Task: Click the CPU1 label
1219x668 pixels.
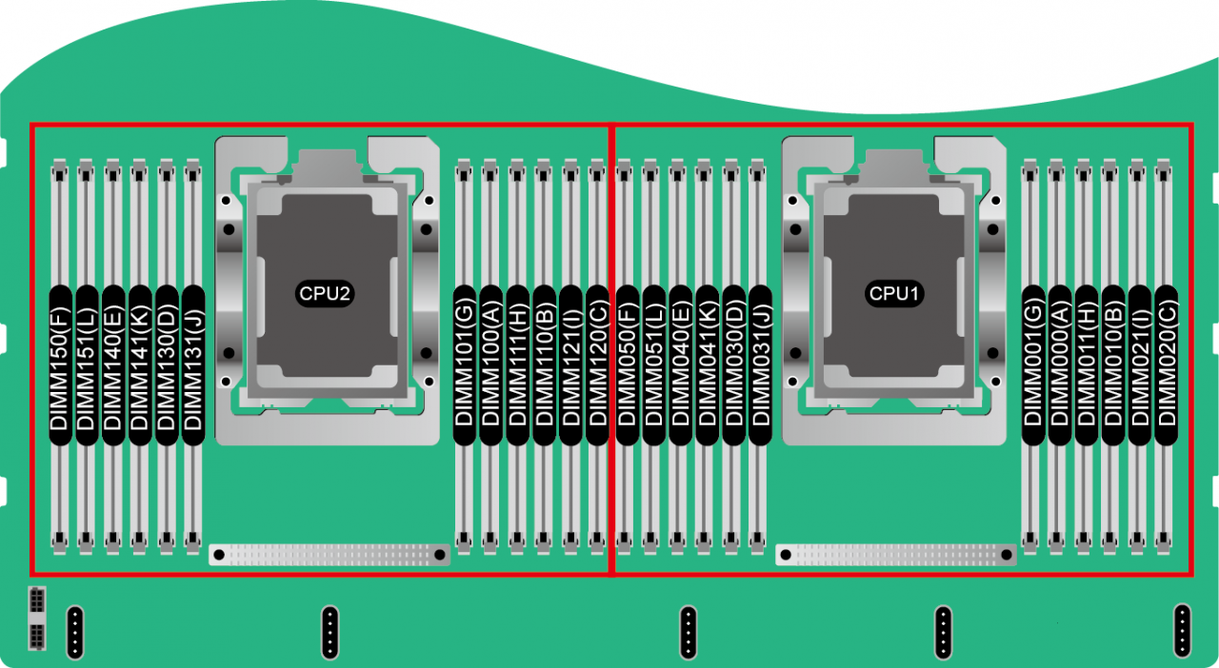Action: pos(894,294)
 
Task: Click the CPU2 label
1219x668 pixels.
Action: pos(326,294)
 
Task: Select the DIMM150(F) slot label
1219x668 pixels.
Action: pos(60,364)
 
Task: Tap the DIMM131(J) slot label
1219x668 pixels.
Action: pos(193,364)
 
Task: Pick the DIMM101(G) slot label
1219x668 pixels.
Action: pos(465,364)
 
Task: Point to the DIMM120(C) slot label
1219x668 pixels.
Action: pos(597,364)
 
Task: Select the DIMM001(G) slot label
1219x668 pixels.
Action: pos(1032,364)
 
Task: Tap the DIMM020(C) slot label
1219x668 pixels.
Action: pos(1166,364)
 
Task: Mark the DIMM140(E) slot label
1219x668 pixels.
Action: pos(113,364)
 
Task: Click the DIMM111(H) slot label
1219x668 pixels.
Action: pos(518,364)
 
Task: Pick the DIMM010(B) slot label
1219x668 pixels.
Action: pos(1112,364)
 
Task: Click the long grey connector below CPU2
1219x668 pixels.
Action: pos(330,555)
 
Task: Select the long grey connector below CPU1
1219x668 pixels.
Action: pos(896,554)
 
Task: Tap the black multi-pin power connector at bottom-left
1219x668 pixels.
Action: pos(36,619)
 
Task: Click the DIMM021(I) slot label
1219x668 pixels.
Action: pos(1139,364)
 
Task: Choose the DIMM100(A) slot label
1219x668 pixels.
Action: pos(491,364)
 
